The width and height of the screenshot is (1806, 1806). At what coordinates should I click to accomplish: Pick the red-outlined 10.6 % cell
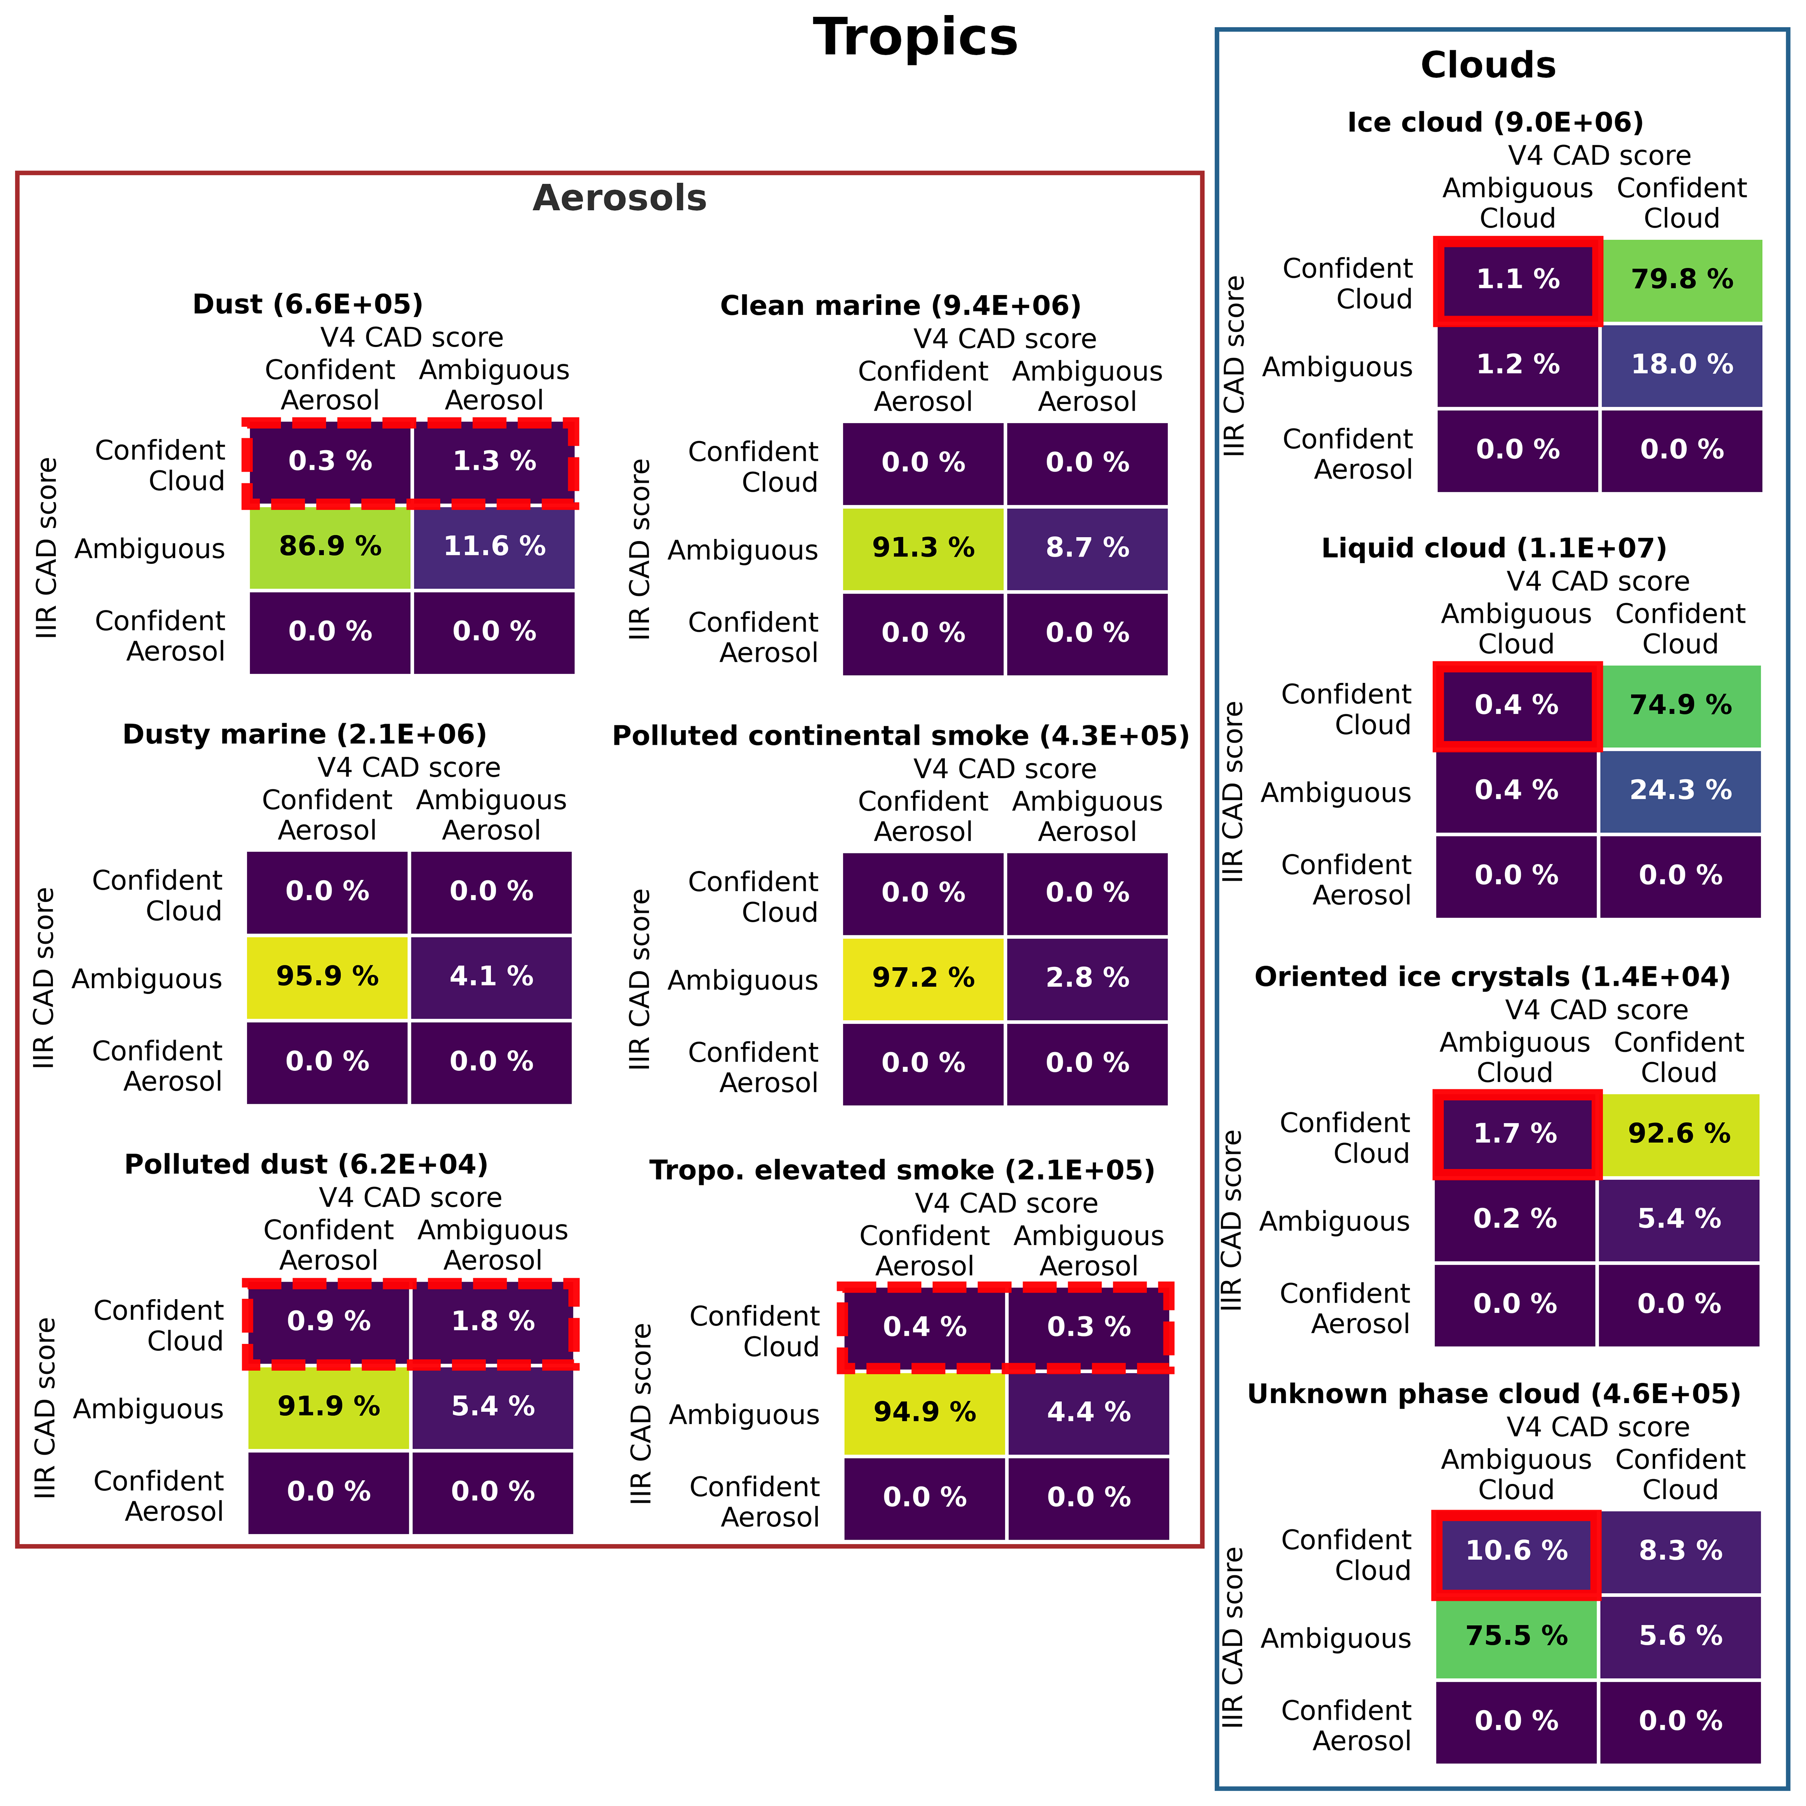(x=1515, y=1551)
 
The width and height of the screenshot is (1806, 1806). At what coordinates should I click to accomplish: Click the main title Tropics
(x=915, y=38)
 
